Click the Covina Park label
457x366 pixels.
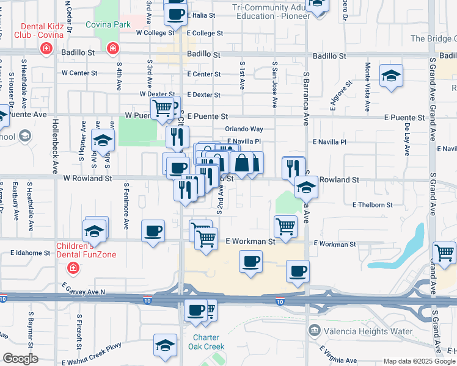click(108, 24)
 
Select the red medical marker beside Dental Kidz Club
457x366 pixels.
click(45, 49)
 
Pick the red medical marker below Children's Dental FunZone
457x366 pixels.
click(73, 268)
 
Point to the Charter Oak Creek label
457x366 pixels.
click(209, 342)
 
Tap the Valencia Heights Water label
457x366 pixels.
click(358, 331)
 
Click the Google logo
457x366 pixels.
click(21, 359)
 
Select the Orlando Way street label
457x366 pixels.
click(244, 129)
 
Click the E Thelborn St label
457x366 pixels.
click(372, 205)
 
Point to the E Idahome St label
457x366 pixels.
click(30, 253)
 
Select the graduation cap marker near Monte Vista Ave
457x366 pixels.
click(390, 77)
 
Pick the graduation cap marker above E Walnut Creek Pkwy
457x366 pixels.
click(165, 346)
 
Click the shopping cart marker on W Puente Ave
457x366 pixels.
click(163, 108)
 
